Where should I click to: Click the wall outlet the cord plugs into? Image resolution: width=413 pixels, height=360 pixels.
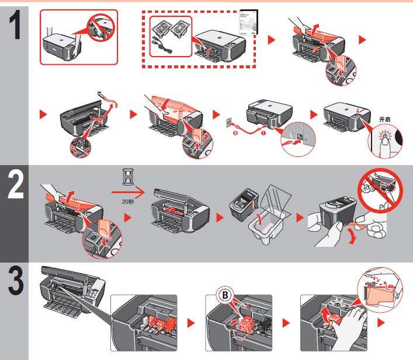[228, 123]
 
